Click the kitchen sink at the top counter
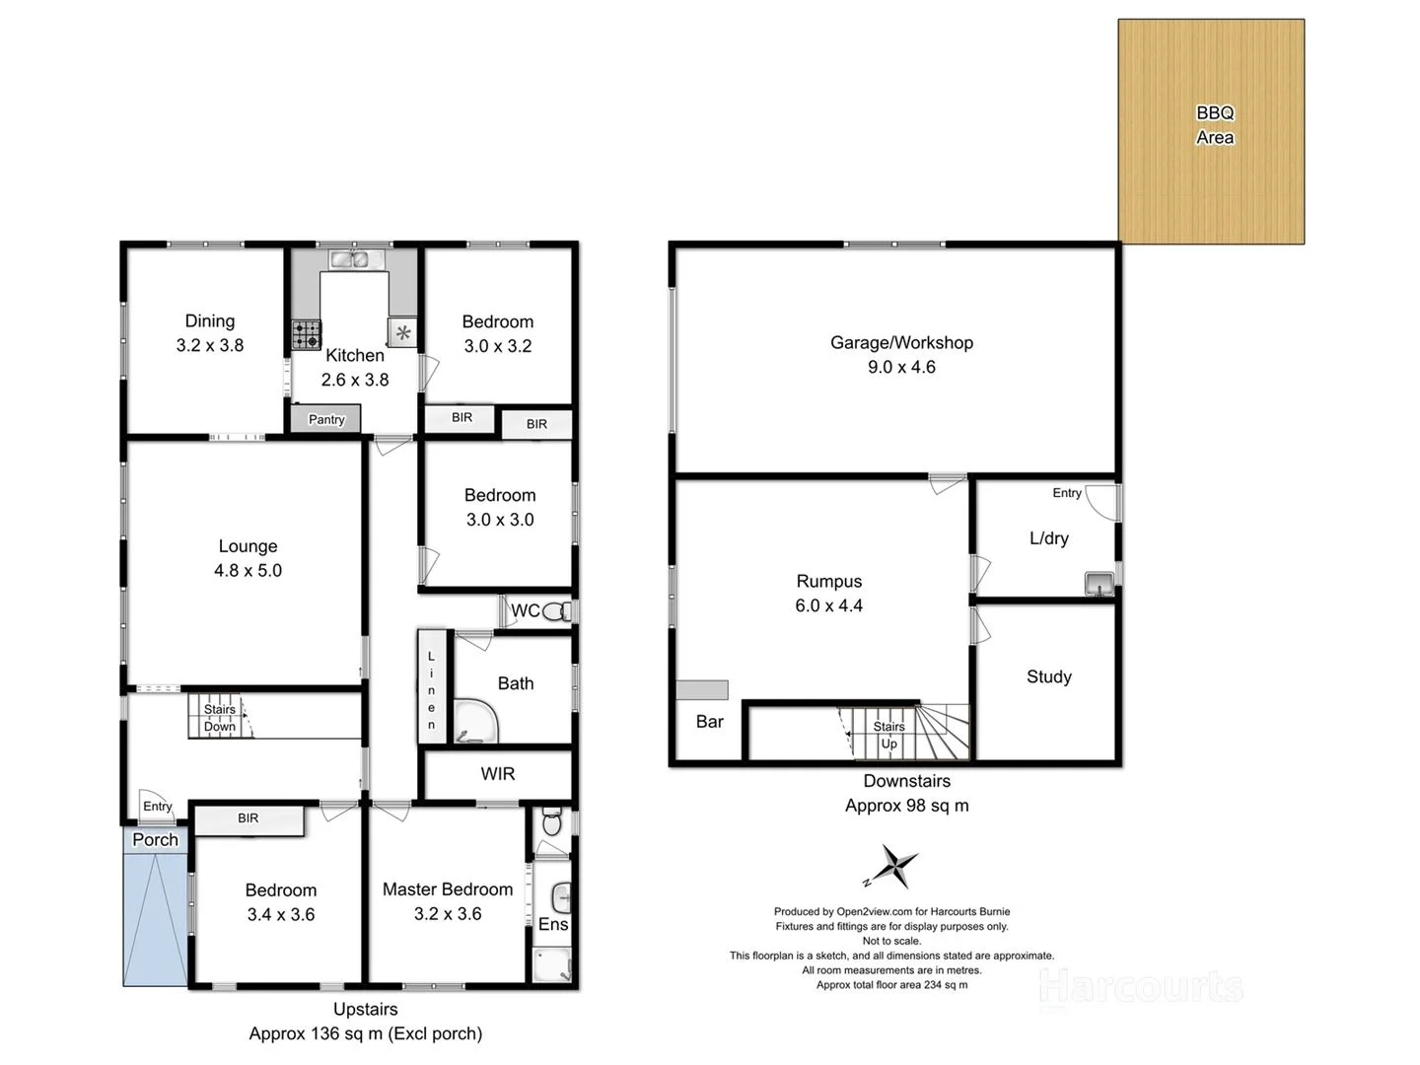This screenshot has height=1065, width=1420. pyautogui.click(x=349, y=259)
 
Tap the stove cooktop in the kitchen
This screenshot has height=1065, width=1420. pyautogui.click(x=307, y=335)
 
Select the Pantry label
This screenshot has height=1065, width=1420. pyautogui.click(x=326, y=419)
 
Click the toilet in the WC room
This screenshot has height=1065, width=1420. pyautogui.click(x=557, y=611)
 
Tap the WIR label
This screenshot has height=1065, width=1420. pyautogui.click(x=498, y=774)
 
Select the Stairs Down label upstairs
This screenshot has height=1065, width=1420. pyautogui.click(x=220, y=718)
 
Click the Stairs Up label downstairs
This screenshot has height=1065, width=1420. pyautogui.click(x=888, y=735)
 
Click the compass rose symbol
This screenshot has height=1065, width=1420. pyautogui.click(x=894, y=867)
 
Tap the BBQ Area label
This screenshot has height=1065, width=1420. pyautogui.click(x=1215, y=125)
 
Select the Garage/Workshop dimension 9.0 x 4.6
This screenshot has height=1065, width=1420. pyautogui.click(x=901, y=367)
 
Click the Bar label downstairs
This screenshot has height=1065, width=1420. pyautogui.click(x=710, y=722)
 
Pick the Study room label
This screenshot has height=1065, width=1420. pyautogui.click(x=1048, y=676)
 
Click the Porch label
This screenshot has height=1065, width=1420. pyautogui.click(x=156, y=839)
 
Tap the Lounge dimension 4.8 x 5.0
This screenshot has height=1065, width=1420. pyautogui.click(x=248, y=570)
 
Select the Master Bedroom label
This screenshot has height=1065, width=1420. pyautogui.click(x=448, y=889)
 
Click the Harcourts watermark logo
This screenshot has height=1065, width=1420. pyautogui.click(x=1141, y=987)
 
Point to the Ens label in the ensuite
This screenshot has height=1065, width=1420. pyautogui.click(x=553, y=924)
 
